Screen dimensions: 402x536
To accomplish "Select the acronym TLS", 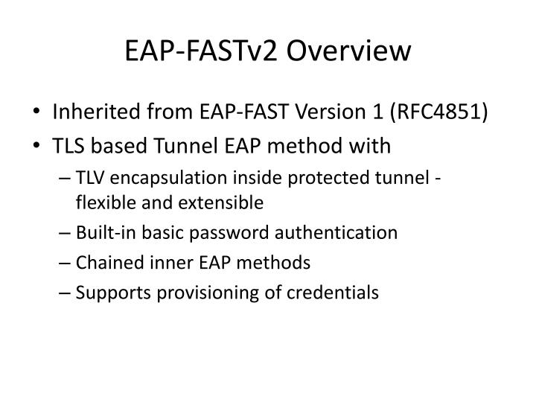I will point(68,146).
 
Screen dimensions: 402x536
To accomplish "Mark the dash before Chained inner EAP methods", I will point(68,263).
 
